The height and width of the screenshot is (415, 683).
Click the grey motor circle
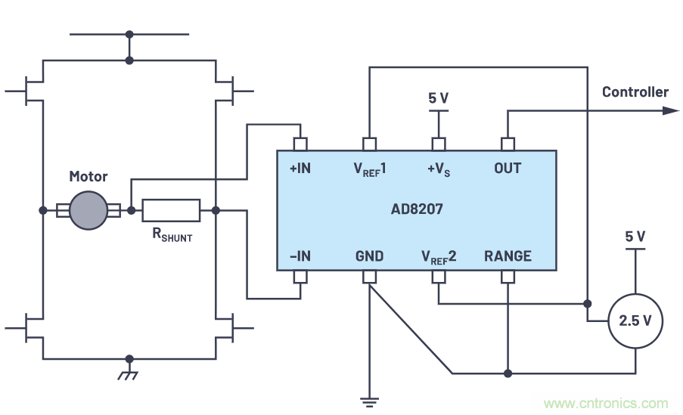pos(88,209)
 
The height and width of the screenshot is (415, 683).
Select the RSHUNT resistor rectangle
pos(171,210)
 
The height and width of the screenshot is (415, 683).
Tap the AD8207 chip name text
pos(418,209)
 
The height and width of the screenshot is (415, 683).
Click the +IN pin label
pos(300,168)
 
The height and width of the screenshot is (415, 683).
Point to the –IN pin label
pos(300,256)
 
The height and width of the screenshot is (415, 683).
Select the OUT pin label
pos(508,168)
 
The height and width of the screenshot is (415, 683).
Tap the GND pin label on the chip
pos(369,256)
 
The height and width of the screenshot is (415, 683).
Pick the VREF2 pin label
pos(439,256)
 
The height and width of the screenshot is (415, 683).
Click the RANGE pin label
pos(508,256)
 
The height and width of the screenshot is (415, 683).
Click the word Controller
pos(635,92)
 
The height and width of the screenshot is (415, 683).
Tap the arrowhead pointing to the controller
pos(671,110)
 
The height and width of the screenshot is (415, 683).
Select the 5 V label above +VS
pos(438,98)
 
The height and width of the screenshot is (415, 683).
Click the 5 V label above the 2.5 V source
pos(635,237)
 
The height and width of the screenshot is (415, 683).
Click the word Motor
pos(88,177)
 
